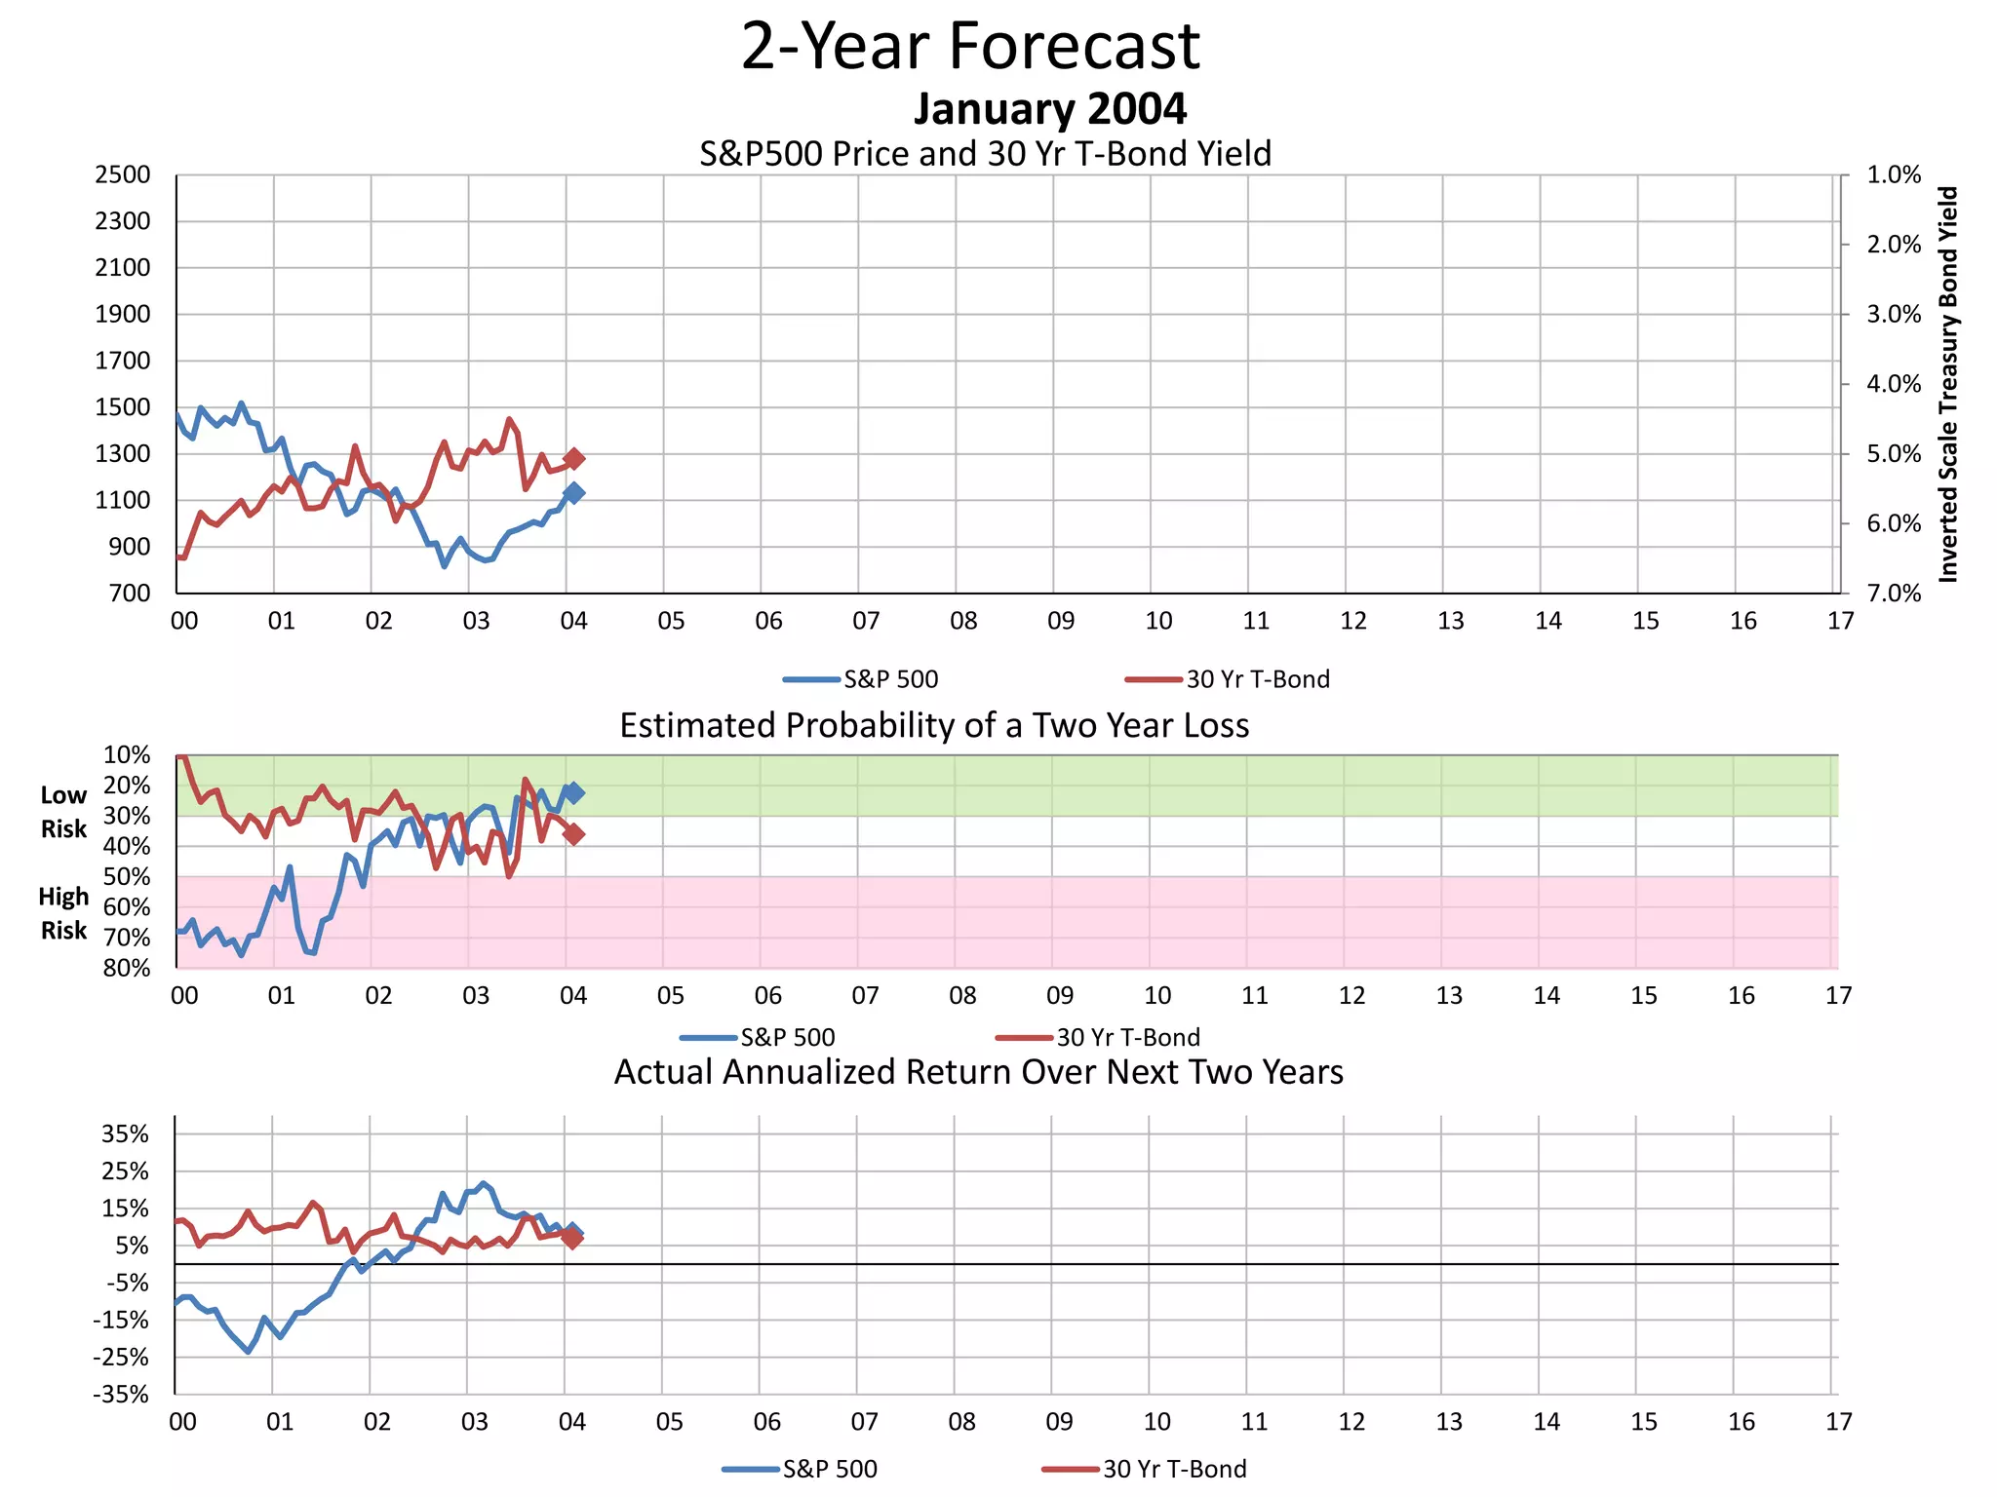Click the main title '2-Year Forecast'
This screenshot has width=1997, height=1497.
970,47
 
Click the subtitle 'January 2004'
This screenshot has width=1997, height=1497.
1049,109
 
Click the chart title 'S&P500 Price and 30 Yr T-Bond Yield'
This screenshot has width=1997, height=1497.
985,154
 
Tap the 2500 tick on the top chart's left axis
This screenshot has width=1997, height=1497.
123,175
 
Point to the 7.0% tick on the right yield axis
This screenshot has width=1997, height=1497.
1894,594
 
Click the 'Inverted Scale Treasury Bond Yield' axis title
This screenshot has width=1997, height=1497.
1948,385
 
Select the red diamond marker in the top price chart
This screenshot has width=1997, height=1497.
574,458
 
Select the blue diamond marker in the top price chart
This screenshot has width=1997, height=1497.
574,493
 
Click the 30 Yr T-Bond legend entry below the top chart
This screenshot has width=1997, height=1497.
1228,679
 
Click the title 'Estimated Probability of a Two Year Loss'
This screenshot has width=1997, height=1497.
934,726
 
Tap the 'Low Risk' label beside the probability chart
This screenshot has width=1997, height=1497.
63,812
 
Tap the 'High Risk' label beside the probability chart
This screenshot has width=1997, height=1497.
63,913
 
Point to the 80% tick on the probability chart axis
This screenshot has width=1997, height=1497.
128,968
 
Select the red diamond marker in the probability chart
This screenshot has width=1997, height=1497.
574,834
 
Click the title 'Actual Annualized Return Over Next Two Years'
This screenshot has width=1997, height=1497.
978,1072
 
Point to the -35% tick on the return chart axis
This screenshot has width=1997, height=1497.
122,1395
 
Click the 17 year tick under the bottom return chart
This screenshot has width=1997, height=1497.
1838,1422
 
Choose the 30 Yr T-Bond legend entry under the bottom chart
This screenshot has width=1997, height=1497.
1145,1469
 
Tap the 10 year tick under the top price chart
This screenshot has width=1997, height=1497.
1158,621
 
